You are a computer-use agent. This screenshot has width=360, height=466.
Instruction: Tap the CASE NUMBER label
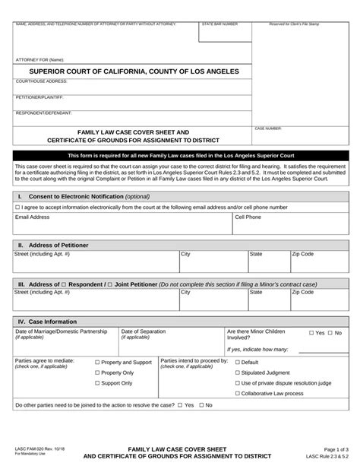click(268, 129)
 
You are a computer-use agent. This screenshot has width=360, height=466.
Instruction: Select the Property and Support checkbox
click(97, 363)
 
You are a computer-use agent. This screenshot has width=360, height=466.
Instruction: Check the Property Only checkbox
click(97, 373)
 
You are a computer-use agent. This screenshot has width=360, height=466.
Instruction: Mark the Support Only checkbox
click(97, 384)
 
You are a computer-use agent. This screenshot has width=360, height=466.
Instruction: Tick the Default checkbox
click(238, 363)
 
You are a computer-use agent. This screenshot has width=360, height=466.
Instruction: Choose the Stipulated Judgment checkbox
click(238, 373)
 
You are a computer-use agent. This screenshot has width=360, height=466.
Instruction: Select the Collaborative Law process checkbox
click(238, 394)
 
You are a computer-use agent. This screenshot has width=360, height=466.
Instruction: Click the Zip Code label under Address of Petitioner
click(302, 254)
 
